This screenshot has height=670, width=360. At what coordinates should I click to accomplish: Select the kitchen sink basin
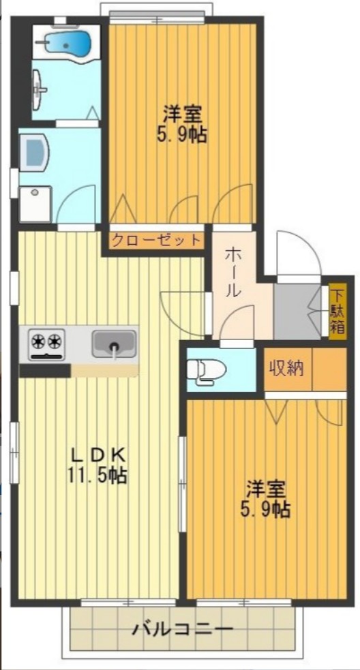[114, 342]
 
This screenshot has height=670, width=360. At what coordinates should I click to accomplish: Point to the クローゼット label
[156, 240]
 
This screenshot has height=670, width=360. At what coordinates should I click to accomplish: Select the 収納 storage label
[286, 369]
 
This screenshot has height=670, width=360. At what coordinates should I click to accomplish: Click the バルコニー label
[182, 628]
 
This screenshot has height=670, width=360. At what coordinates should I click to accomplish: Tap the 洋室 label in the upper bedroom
[181, 112]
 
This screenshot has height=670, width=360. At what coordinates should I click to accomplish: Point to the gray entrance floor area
[297, 311]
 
